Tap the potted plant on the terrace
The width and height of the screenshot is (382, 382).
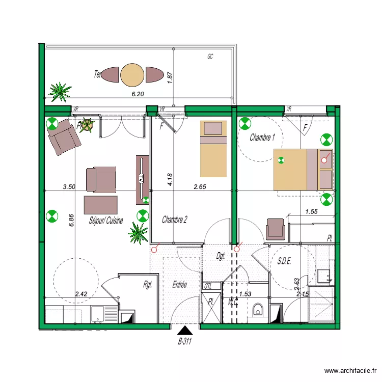(61, 92)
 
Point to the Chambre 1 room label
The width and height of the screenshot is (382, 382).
(263, 138)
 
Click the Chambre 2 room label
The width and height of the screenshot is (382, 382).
(175, 220)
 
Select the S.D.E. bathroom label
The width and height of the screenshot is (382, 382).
(284, 261)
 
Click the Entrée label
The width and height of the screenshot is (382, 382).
(179, 285)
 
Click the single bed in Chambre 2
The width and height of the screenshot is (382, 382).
(212, 148)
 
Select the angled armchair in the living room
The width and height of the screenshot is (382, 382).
(64, 137)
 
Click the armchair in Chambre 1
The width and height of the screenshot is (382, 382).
(276, 228)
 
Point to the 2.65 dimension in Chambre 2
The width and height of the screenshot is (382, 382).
(200, 187)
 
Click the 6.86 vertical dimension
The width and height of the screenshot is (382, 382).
(72, 219)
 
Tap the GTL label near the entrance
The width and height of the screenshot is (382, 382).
(208, 287)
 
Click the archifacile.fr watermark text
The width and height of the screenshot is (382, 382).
(351, 371)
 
